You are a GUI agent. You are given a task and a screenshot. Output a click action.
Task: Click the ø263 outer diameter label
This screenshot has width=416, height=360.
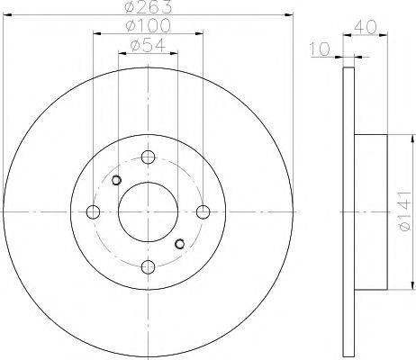pyautogui.click(x=148, y=6)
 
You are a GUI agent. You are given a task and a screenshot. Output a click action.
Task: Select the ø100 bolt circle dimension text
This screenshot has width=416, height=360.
pyautogui.click(x=148, y=25)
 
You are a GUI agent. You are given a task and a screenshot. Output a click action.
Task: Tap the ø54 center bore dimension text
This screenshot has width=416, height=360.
pyautogui.click(x=148, y=46)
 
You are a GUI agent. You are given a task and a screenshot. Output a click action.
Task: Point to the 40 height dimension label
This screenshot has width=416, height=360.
pyautogui.click(x=365, y=28)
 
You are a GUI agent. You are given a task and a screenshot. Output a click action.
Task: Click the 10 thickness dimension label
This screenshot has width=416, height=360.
pyautogui.click(x=320, y=49)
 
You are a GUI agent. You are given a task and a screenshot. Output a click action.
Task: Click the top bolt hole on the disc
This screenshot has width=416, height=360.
pyautogui.click(x=148, y=157)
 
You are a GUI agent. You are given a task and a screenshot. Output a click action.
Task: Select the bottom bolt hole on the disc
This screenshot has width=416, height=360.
pyautogui.click(x=148, y=267)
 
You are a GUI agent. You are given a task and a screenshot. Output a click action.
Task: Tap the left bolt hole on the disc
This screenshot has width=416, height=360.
pyautogui.click(x=93, y=211)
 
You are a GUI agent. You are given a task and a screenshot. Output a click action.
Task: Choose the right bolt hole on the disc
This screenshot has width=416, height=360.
pyautogui.click(x=203, y=211)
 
